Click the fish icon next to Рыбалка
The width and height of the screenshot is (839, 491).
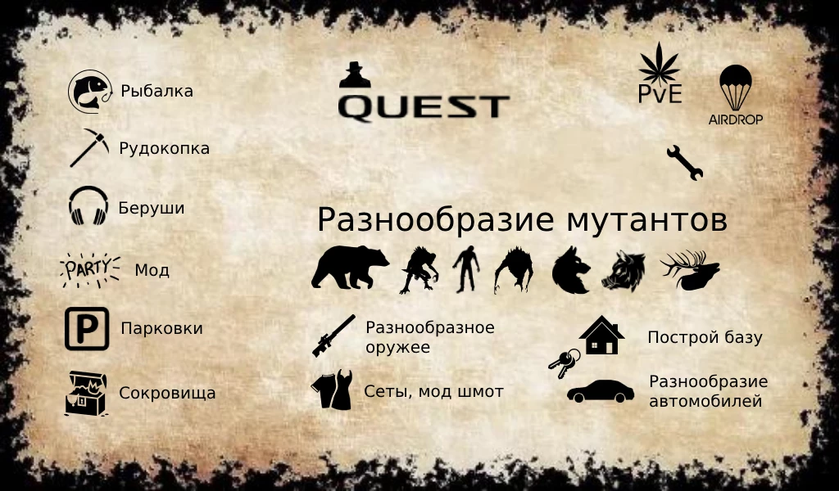pyautogui.click(x=88, y=91)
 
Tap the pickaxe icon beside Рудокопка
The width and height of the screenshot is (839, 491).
pyautogui.click(x=89, y=148)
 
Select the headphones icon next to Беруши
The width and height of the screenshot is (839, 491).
pyautogui.click(x=88, y=207)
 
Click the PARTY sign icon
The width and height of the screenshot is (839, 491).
pyautogui.click(x=89, y=269)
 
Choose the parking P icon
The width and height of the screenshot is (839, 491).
pyautogui.click(x=87, y=328)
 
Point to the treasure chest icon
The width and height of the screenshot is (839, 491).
pyautogui.click(x=86, y=393)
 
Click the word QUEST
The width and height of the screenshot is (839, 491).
pyautogui.click(x=424, y=106)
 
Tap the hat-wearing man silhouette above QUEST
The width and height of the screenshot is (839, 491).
pyautogui.click(x=355, y=74)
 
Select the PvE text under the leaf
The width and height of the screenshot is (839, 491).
pyautogui.click(x=660, y=93)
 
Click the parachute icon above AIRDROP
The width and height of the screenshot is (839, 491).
pyautogui.click(x=735, y=86)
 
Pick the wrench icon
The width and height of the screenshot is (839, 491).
pyautogui.click(x=684, y=162)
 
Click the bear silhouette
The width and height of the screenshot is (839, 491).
pyautogui.click(x=350, y=268)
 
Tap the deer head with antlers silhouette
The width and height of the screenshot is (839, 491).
pyautogui.click(x=691, y=270)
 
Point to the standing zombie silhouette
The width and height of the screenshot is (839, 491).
pyautogui.click(x=465, y=269)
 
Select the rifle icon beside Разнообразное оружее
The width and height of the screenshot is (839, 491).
pyautogui.click(x=333, y=336)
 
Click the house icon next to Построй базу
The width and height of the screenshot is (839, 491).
pyautogui.click(x=601, y=335)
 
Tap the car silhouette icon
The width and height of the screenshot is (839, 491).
pyautogui.click(x=600, y=392)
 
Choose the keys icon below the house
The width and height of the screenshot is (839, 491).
pyautogui.click(x=564, y=363)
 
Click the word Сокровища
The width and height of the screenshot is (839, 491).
pyautogui.click(x=167, y=393)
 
